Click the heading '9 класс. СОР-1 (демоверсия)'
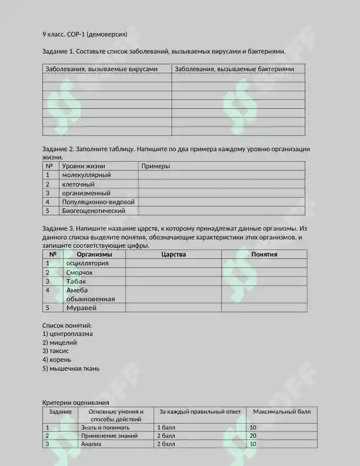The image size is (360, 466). (85, 34)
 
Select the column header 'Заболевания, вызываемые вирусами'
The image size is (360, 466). (102, 69)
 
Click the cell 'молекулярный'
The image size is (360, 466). (86, 175)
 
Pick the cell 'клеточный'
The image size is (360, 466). (78, 184)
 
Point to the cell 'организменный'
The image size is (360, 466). (86, 193)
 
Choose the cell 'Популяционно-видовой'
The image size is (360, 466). (98, 202)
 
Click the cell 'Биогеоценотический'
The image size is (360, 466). (94, 211)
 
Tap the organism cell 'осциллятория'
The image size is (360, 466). (88, 264)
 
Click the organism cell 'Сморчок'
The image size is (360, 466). (80, 273)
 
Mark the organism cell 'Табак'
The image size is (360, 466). (76, 282)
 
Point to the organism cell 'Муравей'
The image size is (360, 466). (81, 308)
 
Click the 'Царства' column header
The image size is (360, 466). (174, 255)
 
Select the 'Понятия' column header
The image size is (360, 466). (264, 255)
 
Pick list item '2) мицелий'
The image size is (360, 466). (60, 342)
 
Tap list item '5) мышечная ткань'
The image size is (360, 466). (71, 369)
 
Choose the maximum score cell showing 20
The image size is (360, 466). (254, 436)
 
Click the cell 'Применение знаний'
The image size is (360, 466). (109, 436)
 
